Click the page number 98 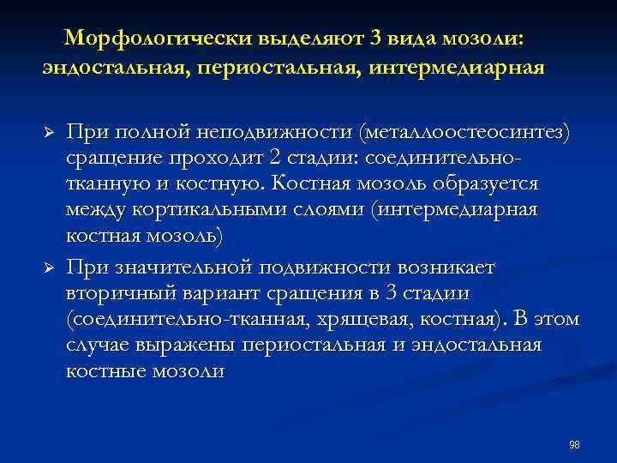574,444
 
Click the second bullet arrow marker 48,268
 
